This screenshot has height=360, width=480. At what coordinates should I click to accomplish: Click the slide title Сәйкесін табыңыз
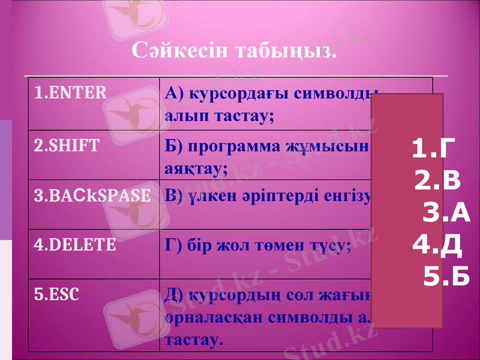click(x=233, y=52)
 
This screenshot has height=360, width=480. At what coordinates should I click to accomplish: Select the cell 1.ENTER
click(x=71, y=93)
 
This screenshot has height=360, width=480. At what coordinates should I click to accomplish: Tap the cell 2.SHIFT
click(x=67, y=146)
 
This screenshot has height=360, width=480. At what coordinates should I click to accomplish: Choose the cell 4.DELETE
click(x=76, y=245)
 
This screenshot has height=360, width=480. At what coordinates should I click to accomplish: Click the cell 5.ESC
click(x=56, y=295)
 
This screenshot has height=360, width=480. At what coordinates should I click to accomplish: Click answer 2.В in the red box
click(x=438, y=181)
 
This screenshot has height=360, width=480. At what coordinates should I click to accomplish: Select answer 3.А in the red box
click(x=447, y=213)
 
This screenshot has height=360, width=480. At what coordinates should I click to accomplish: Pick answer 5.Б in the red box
click(x=447, y=277)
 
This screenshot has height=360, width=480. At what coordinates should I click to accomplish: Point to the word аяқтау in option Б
click(x=195, y=169)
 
